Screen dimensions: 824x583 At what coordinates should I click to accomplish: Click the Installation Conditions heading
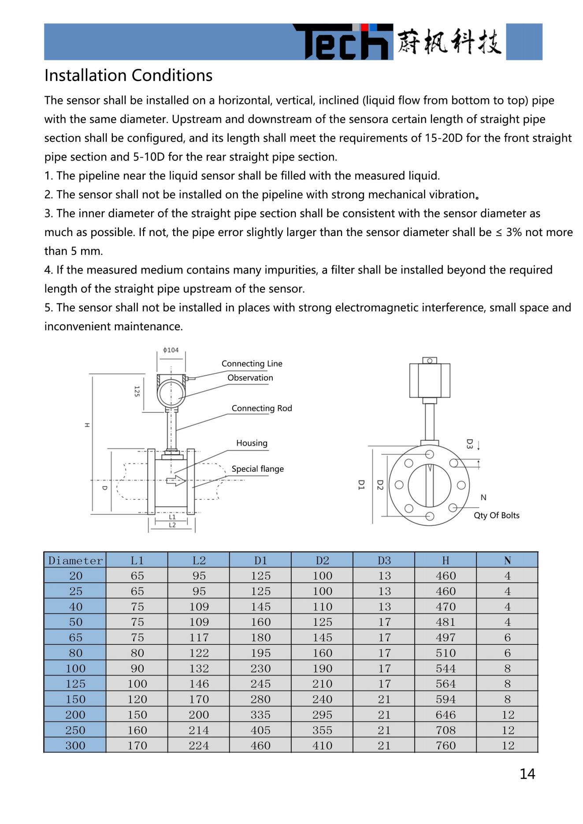click(128, 75)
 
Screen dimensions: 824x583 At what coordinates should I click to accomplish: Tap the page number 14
click(527, 774)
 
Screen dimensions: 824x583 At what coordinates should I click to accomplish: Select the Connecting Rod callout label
click(262, 408)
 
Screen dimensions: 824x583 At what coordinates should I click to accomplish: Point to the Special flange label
click(257, 469)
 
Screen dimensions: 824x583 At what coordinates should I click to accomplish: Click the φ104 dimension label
click(171, 350)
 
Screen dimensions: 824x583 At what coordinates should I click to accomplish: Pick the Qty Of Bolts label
click(496, 515)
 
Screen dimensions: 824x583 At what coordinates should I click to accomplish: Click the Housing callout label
click(252, 443)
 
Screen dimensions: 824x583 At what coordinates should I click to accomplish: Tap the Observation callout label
click(250, 378)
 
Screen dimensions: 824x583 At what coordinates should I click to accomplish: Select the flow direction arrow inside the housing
click(175, 480)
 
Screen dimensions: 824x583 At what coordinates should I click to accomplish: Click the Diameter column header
click(75, 561)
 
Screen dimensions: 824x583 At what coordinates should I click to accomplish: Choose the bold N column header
click(507, 561)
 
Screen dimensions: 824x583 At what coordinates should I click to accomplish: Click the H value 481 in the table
click(446, 622)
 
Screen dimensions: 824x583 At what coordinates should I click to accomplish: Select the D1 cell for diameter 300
click(260, 746)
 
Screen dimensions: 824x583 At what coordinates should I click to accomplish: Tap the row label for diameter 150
click(75, 699)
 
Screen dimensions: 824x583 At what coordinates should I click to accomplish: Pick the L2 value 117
click(199, 638)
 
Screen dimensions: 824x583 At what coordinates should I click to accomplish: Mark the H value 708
click(446, 730)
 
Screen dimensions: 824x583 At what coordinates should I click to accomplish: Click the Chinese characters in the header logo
click(449, 42)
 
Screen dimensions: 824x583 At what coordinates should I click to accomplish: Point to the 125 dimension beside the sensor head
click(137, 391)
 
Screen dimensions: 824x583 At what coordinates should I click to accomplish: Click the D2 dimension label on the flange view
click(380, 485)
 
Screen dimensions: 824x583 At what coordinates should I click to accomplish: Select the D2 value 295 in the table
click(322, 715)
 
